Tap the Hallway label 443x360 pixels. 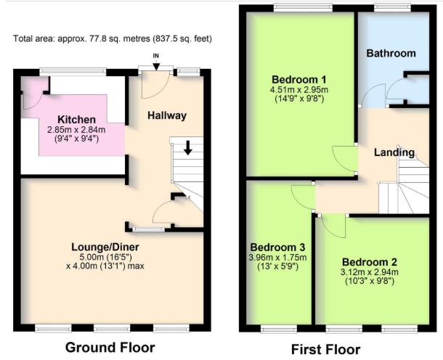(167, 115)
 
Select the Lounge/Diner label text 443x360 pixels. (110, 247)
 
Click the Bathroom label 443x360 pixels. (391, 53)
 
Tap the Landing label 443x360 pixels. (394, 152)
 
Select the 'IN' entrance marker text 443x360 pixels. (155, 56)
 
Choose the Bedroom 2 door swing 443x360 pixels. (332, 226)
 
